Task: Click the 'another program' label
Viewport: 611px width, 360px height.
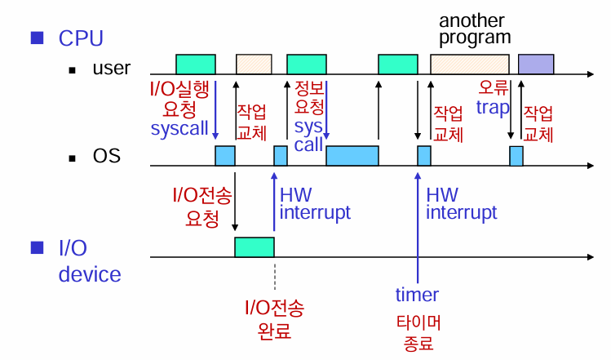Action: (x=475, y=29)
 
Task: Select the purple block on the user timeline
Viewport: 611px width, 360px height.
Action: (x=536, y=64)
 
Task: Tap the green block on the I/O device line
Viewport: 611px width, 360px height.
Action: (x=255, y=247)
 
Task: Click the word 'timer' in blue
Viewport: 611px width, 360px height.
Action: (x=417, y=295)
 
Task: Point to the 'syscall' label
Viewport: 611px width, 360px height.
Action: (x=179, y=128)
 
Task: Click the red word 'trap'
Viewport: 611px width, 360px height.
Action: (x=493, y=106)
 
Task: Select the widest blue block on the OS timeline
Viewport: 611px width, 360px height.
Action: (x=352, y=156)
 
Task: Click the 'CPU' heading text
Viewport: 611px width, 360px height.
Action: (x=81, y=38)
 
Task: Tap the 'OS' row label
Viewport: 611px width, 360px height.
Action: (x=106, y=155)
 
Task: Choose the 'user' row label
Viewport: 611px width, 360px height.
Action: (x=111, y=68)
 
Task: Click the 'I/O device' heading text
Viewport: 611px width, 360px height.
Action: (x=89, y=260)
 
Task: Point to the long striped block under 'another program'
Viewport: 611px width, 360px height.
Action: (x=470, y=64)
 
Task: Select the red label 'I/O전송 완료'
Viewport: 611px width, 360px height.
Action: (x=275, y=320)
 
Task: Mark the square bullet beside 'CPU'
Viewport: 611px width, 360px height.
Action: (x=36, y=38)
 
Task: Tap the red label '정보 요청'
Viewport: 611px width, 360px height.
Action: (x=309, y=97)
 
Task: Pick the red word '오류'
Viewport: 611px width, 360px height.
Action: (x=494, y=87)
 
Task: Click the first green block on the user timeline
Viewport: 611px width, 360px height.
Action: (x=196, y=64)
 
